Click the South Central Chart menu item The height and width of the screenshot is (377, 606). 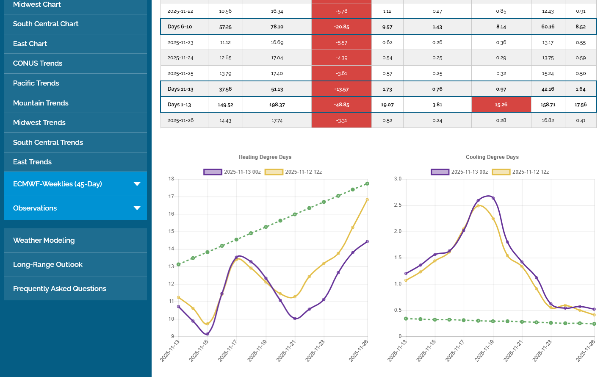point(46,24)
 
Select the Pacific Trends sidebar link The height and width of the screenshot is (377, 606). point(36,83)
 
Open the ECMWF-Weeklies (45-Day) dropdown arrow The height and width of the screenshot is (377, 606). point(137,184)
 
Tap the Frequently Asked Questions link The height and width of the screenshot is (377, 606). point(60,289)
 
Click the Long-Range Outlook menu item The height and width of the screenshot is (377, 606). point(48,265)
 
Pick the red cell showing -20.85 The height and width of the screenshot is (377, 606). point(341,27)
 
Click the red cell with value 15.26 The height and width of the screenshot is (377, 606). point(501,105)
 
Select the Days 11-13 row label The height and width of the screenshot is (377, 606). point(180,89)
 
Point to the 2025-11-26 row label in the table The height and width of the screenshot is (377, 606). point(180,120)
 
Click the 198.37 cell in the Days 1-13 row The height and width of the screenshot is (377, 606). point(277,105)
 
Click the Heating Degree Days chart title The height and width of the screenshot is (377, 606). point(265,157)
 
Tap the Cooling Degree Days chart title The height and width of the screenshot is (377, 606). point(492,157)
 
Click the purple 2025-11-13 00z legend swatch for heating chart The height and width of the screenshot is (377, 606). point(213,172)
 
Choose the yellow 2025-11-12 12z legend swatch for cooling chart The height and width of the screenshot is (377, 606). point(501,172)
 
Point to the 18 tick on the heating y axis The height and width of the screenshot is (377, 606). point(171,179)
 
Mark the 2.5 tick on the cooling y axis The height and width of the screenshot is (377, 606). point(398,205)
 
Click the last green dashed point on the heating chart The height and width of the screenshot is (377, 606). point(367,184)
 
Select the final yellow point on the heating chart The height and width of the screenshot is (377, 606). point(367,200)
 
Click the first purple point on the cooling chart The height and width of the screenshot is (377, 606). point(406,274)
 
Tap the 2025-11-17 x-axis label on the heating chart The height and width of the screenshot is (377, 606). point(228,351)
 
